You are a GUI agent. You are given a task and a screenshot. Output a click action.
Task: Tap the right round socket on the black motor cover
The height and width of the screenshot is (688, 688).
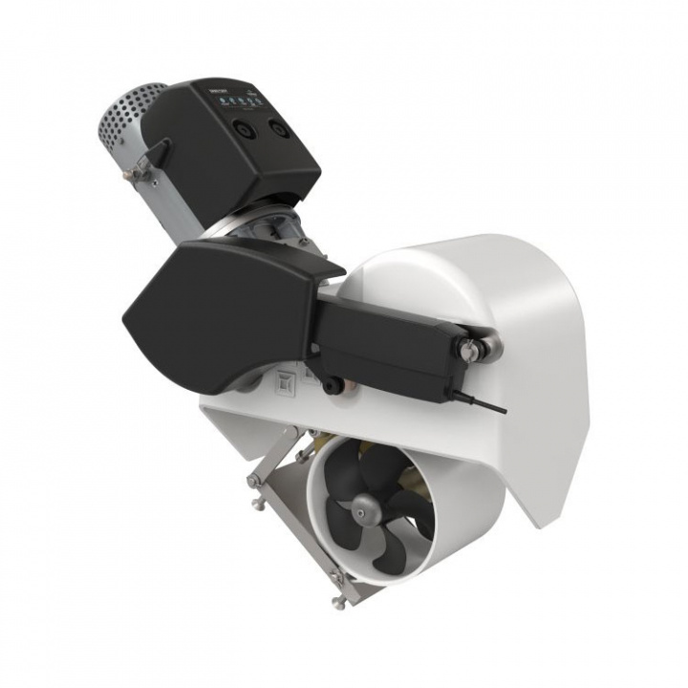point(278,127)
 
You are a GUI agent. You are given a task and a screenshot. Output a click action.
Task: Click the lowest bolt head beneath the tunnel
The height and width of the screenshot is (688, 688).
point(338,602)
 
